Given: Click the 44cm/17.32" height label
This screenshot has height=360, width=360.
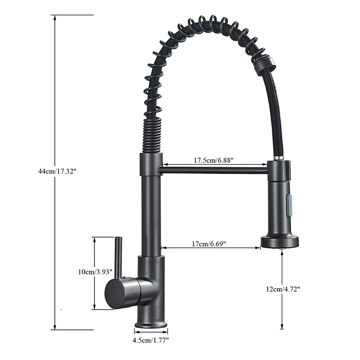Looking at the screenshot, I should tap(58, 171).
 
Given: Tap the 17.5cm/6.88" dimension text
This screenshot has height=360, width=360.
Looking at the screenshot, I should tap(214, 160).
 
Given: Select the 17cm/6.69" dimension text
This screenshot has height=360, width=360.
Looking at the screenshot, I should tap(209, 244).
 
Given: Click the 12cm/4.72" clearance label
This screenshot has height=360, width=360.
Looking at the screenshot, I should tap(283, 289).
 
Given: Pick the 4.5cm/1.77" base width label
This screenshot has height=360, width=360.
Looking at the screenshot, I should tap(151, 340).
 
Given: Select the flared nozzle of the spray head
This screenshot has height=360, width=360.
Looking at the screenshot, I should tap(280, 242).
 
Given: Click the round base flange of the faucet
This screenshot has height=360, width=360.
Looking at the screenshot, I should tap(151, 324).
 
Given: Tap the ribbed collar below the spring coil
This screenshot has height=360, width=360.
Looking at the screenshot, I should tap(152, 135).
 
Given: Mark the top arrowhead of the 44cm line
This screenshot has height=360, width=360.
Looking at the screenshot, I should tap(55, 18).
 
